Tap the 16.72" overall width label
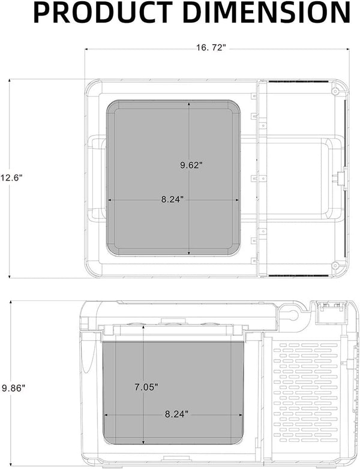211,48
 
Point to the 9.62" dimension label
191,165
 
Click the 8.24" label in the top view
173,199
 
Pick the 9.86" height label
13,388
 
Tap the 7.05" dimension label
146,387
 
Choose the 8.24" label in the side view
176,413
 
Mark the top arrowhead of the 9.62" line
190,103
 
